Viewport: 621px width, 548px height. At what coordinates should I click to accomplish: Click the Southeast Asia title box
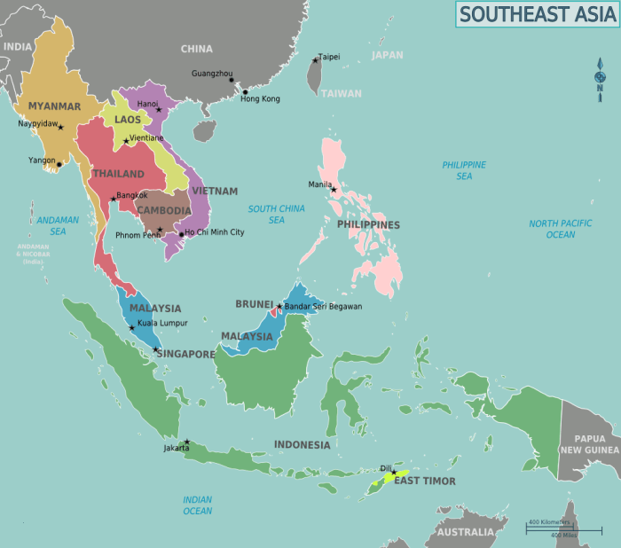point(537,14)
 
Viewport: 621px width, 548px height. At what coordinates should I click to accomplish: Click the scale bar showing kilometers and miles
point(563,528)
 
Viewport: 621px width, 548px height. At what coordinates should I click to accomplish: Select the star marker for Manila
point(334,190)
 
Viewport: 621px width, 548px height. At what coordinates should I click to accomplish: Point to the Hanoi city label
point(147,104)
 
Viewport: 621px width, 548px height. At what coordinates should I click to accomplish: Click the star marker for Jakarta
point(186,442)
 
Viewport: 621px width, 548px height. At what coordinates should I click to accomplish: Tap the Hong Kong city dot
point(245,91)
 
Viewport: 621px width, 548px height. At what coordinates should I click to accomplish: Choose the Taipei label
point(329,57)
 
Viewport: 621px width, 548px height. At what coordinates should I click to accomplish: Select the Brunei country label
point(254,304)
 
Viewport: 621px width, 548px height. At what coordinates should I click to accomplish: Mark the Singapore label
point(185,354)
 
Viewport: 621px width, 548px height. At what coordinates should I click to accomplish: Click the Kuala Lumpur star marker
point(132,328)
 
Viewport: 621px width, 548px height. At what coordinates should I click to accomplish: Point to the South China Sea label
point(276,214)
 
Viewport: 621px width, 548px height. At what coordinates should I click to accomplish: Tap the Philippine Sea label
point(464,170)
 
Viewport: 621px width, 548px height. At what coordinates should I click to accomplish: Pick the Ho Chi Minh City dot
point(181,235)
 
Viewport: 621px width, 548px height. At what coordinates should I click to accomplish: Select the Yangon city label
point(42,160)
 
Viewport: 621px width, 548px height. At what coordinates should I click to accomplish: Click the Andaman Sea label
point(58,225)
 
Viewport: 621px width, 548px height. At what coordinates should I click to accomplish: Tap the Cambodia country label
point(164,210)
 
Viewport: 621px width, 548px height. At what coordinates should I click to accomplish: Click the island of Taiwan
point(312,78)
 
